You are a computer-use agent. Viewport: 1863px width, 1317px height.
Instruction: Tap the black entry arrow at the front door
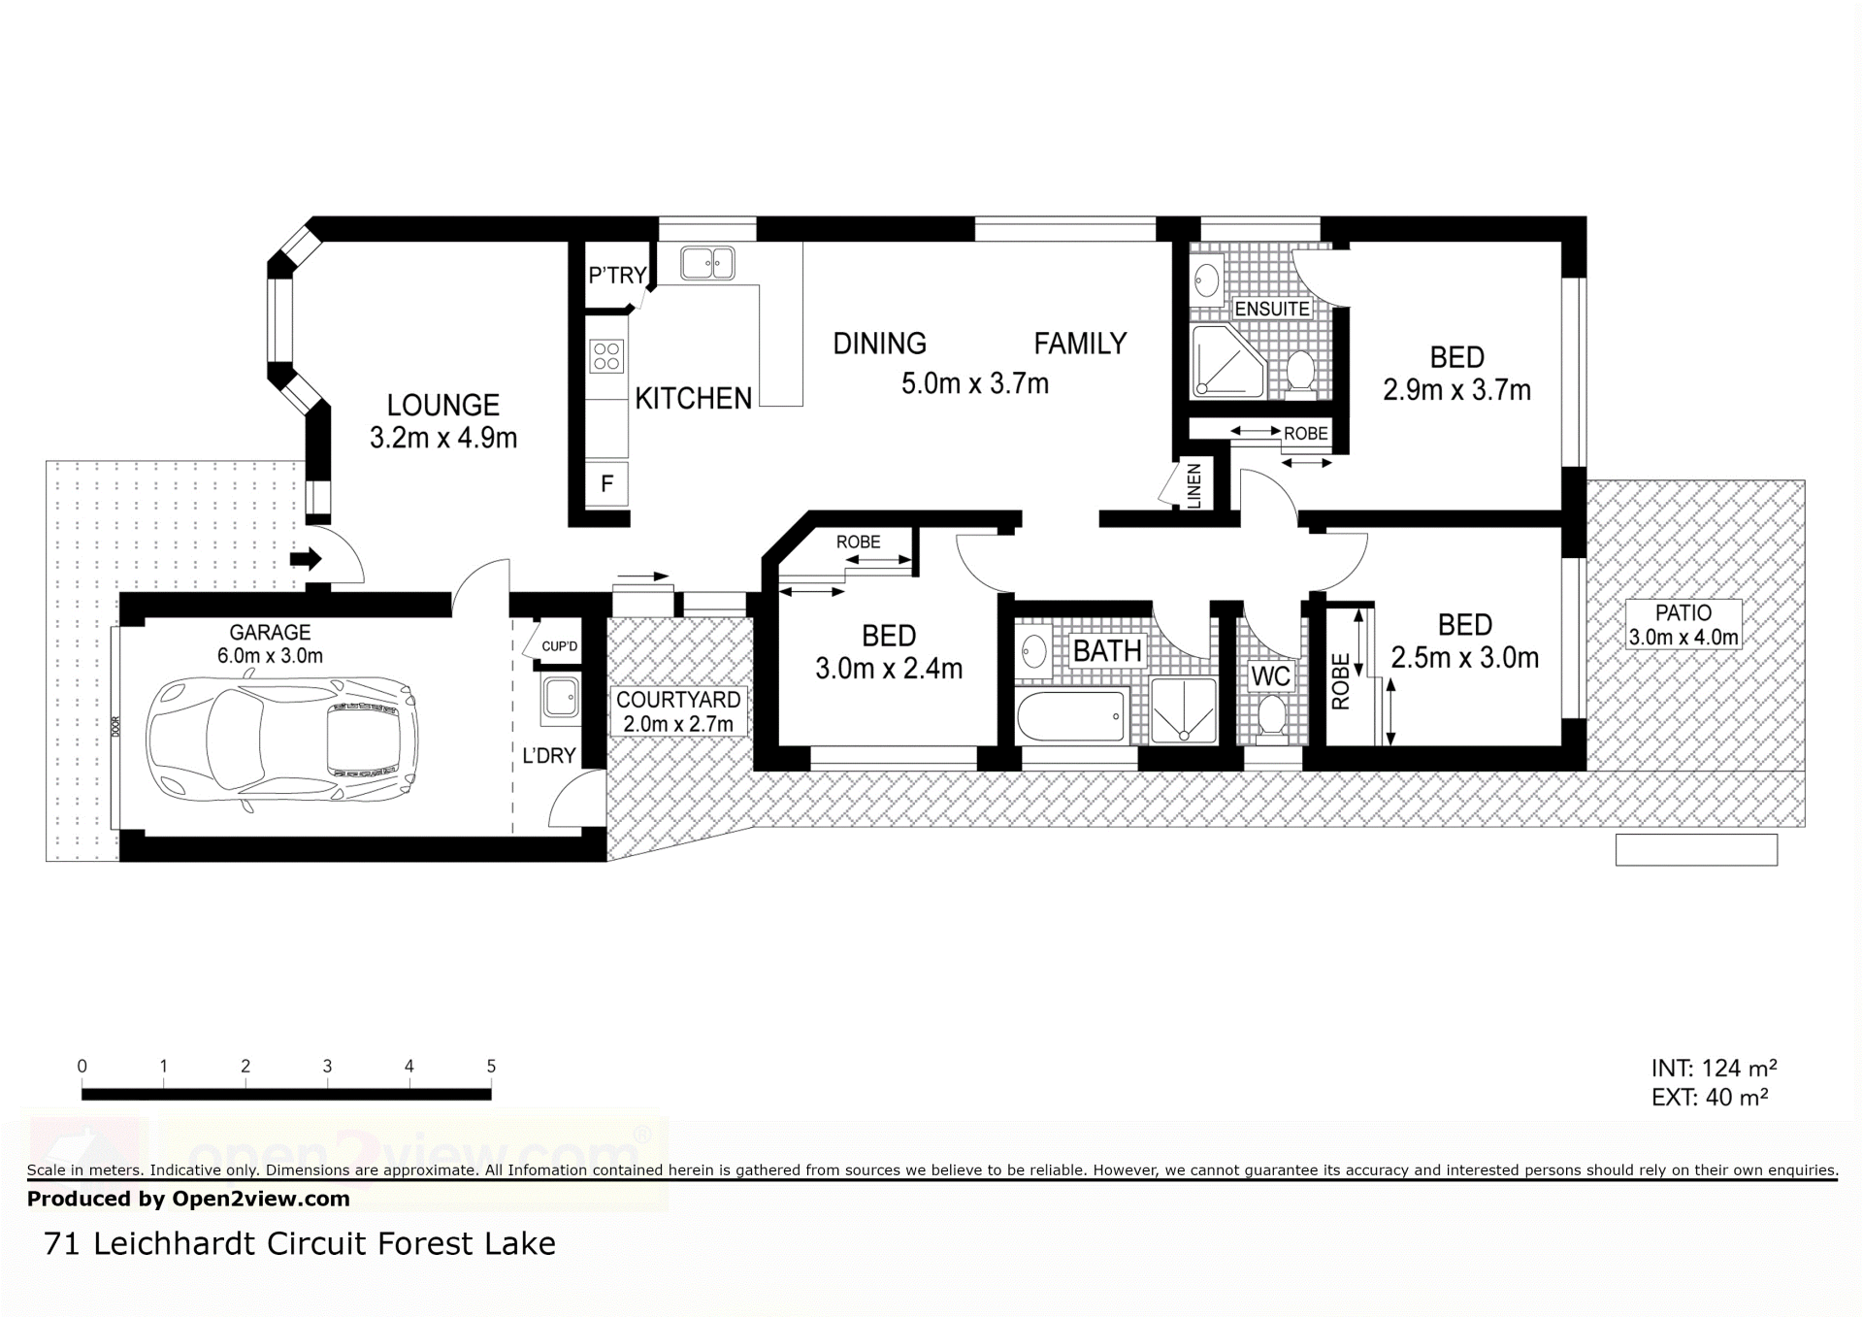click(306, 559)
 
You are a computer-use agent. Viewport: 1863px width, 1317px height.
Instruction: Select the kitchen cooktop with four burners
click(607, 356)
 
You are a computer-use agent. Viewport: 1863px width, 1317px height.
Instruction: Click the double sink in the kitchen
click(707, 263)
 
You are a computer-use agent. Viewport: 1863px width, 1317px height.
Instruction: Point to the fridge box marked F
click(607, 483)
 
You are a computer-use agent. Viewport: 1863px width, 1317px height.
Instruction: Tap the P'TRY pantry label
click(617, 276)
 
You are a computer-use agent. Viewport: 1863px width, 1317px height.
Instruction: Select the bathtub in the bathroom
click(1072, 716)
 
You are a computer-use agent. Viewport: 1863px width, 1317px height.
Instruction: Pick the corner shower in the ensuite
click(1228, 361)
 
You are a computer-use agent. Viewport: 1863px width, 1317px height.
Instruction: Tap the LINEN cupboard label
click(1194, 485)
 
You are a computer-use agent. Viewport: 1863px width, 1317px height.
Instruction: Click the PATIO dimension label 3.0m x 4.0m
click(1683, 638)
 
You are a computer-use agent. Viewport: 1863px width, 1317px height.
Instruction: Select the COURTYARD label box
click(678, 711)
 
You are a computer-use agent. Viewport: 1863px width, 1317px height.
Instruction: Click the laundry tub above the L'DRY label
click(561, 698)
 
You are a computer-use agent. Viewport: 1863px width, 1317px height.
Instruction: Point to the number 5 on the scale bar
click(491, 1067)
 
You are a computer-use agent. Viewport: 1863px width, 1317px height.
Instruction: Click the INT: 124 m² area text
click(1714, 1069)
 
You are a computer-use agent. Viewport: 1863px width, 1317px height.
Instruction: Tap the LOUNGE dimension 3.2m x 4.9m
click(443, 438)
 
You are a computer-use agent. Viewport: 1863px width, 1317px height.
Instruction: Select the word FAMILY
click(1080, 344)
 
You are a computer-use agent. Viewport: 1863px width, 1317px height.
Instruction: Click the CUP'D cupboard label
click(560, 646)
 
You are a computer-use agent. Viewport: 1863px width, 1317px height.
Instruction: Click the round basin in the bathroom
click(1034, 650)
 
